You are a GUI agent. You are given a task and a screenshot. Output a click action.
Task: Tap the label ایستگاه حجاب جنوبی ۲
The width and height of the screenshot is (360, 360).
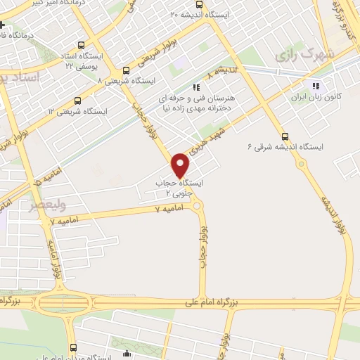(179, 187)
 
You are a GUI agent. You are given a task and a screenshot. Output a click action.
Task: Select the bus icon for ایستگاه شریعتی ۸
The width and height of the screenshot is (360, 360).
(126, 70)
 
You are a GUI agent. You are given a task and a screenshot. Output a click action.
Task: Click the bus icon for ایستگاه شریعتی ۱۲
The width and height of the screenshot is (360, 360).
(77, 101)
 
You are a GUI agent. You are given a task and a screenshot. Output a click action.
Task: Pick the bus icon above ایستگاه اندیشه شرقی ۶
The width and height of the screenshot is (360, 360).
(284, 136)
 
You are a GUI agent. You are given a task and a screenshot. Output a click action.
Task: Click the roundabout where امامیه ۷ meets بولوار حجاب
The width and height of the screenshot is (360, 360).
(196, 205)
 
